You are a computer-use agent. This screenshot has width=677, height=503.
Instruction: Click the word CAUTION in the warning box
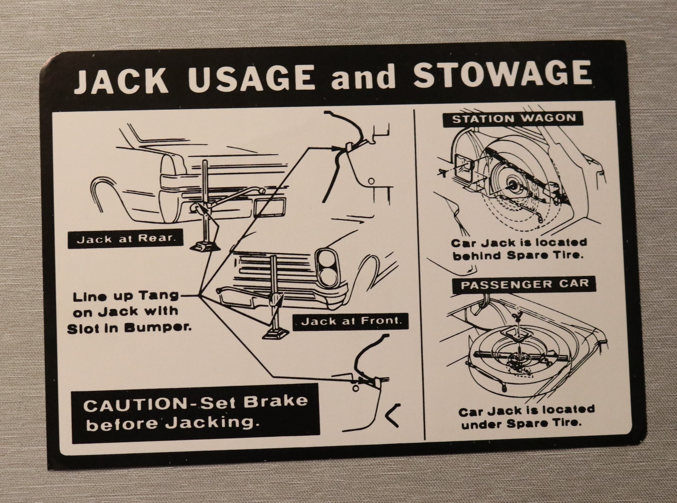(x=134, y=405)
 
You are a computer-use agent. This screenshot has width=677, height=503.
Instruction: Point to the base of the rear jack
(x=203, y=246)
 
